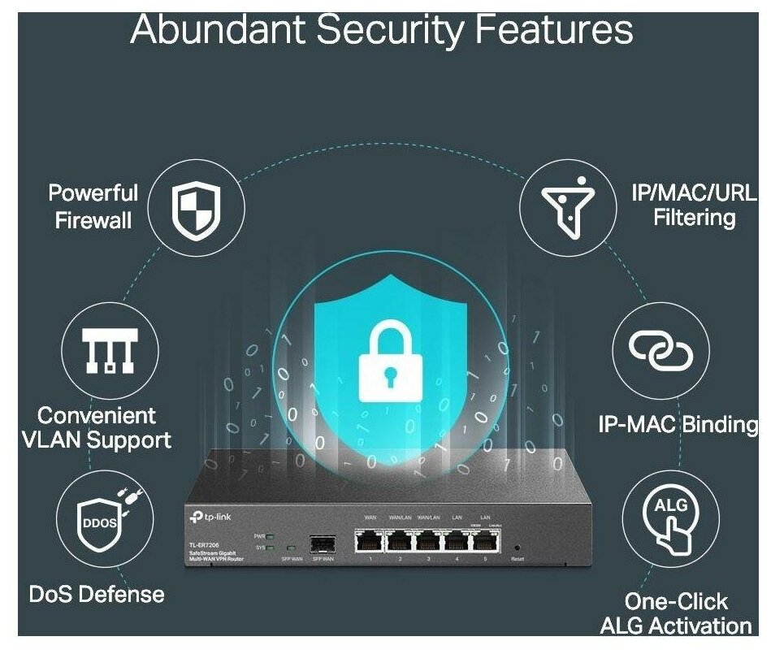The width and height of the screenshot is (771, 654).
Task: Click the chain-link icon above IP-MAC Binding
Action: [661, 350]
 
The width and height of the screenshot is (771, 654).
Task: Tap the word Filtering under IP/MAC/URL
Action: [695, 218]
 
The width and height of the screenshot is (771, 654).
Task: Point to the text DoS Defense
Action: [97, 594]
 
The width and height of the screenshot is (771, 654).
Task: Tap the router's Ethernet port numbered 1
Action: [370, 540]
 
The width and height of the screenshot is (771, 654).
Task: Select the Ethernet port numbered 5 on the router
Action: [486, 540]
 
